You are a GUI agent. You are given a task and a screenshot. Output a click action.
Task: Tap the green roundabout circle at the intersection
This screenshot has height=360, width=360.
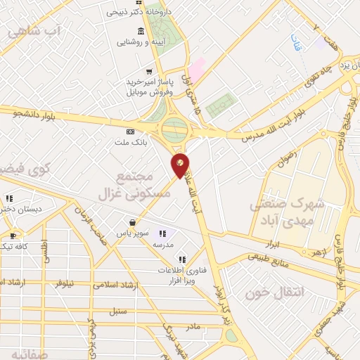174,129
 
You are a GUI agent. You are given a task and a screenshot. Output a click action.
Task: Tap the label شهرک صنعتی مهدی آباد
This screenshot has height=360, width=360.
288,211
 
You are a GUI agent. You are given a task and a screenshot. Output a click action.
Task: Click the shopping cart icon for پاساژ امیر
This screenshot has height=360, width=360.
148,71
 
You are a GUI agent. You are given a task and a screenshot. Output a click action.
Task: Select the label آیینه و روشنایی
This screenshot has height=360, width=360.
142,42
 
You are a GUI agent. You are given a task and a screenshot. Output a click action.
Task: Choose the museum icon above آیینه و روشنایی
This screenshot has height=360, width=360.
141,31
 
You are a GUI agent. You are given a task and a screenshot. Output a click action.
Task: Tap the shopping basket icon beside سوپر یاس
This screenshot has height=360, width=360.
131,221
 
